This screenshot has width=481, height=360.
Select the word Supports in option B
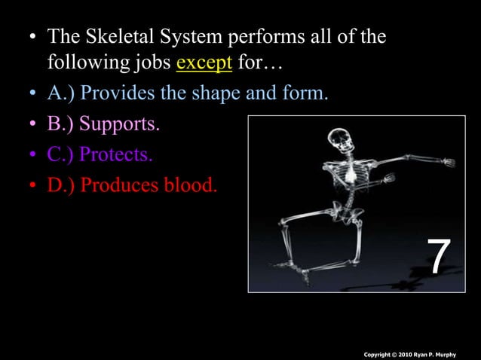click(120, 124)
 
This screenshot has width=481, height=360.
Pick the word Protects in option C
click(115, 154)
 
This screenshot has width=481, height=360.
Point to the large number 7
click(440, 257)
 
